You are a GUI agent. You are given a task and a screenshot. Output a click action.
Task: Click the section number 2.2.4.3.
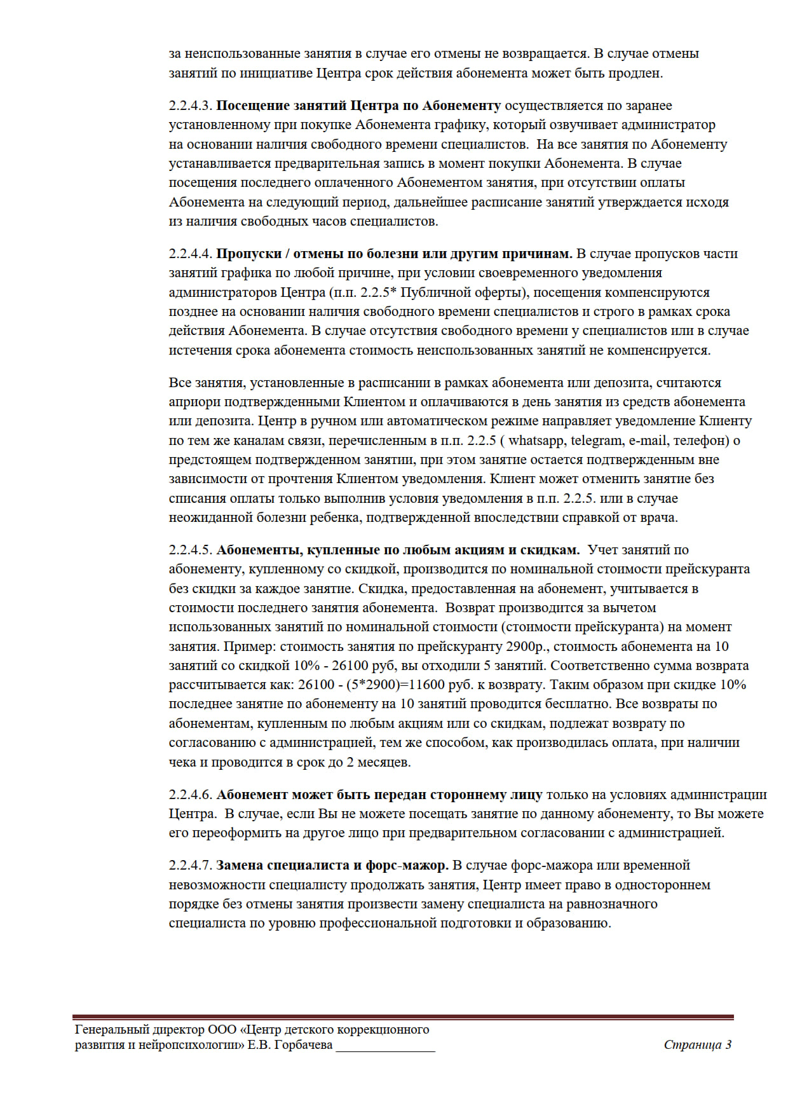point(190,106)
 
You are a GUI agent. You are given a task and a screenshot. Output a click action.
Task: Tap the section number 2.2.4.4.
point(190,254)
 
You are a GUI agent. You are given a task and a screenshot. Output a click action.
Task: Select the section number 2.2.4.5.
point(190,550)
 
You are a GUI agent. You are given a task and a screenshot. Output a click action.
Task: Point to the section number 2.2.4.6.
point(190,795)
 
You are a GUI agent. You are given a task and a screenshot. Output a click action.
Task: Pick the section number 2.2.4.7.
point(190,865)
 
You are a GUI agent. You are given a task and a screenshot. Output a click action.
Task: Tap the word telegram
point(597,441)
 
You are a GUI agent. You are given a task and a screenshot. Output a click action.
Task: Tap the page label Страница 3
point(697,1044)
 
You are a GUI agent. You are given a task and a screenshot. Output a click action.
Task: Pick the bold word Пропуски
point(248,254)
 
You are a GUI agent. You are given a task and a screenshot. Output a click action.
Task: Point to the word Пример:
point(249,646)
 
